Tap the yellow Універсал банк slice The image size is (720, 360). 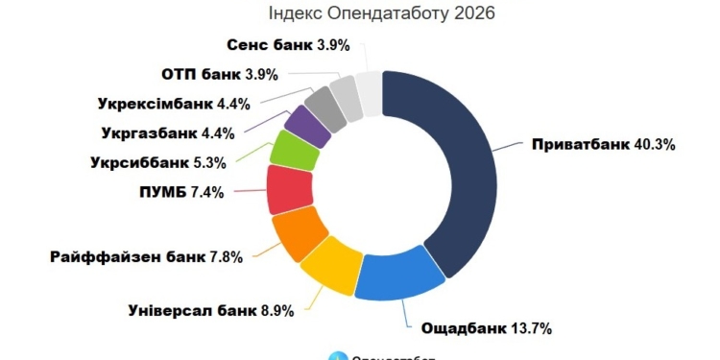330,265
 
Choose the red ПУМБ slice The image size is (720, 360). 286,189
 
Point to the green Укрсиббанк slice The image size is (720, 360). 290,149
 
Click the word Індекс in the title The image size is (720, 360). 289,13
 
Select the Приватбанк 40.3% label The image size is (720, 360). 602,145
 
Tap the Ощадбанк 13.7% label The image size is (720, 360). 487,327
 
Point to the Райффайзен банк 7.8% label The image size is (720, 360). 146,256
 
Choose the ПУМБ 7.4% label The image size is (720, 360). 180,192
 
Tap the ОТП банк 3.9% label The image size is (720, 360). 215,74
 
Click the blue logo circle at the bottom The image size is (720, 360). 336,357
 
